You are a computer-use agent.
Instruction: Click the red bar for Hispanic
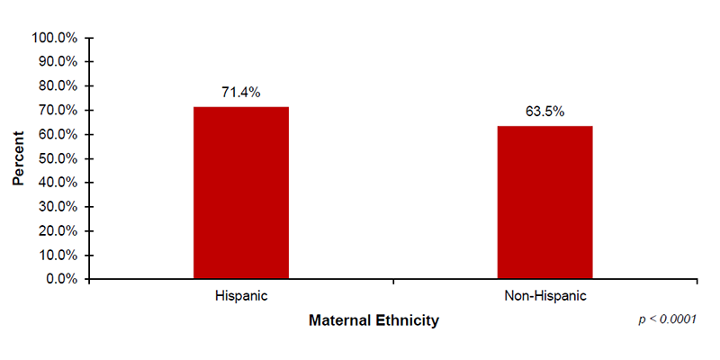240,193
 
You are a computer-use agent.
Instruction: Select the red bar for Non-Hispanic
544,202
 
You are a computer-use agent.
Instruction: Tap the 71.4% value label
240,92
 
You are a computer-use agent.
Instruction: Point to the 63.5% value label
544,112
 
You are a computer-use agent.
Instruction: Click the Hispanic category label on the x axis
240,295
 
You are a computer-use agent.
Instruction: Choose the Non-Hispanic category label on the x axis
544,295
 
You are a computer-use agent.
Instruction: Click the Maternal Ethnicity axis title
373,320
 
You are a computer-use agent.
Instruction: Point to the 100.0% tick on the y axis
55,38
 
